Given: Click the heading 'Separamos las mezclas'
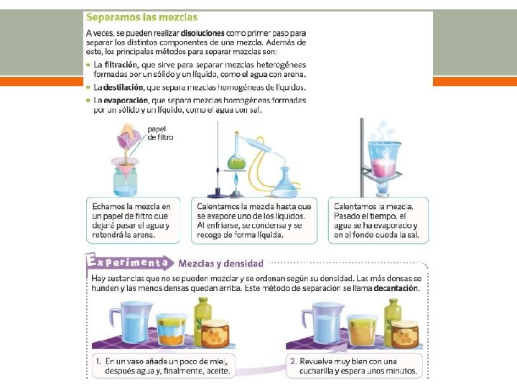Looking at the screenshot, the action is pyautogui.click(x=141, y=17).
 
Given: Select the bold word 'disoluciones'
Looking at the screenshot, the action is pyautogui.click(x=202, y=33).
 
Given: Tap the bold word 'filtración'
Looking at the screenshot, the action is pyautogui.click(x=121, y=65).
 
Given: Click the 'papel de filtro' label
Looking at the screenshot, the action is pyautogui.click(x=160, y=134).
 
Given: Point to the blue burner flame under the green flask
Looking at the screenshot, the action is pyautogui.click(x=236, y=181).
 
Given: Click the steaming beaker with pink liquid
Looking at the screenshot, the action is pyautogui.click(x=385, y=159).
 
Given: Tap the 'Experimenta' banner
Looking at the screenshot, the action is pyautogui.click(x=129, y=262).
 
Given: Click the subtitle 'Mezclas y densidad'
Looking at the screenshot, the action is pyautogui.click(x=221, y=264).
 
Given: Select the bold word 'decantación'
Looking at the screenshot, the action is pyautogui.click(x=396, y=288).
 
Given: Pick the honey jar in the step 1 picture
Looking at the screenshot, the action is pyautogui.click(x=215, y=333).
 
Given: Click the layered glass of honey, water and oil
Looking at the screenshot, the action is pyautogui.click(x=171, y=329).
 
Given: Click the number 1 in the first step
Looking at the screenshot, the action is pyautogui.click(x=98, y=361).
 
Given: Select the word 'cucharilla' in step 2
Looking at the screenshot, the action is pyautogui.click(x=316, y=371).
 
